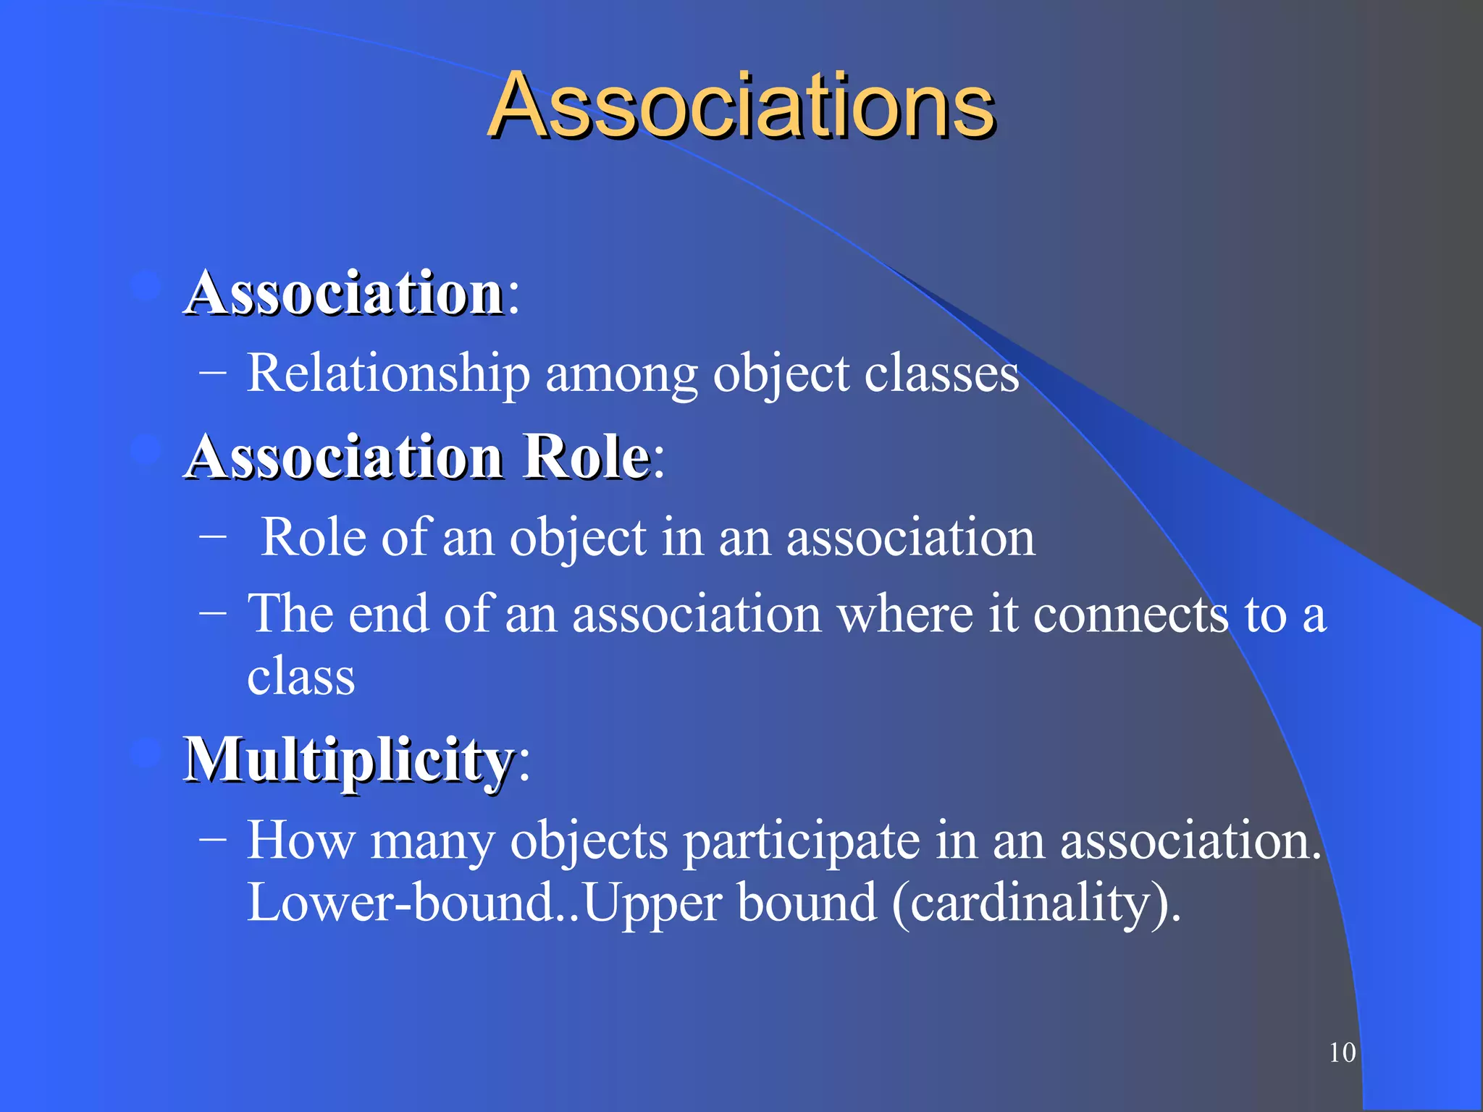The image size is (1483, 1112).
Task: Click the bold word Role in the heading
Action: click(587, 458)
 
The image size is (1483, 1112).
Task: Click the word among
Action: click(621, 375)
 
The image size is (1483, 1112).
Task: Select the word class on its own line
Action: click(301, 678)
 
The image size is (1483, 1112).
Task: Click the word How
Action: click(301, 841)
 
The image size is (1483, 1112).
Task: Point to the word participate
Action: click(802, 843)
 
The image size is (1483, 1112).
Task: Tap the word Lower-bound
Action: click(400, 903)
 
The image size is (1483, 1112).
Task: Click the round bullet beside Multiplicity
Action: click(146, 754)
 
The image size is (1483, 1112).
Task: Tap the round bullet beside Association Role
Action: click(146, 450)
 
